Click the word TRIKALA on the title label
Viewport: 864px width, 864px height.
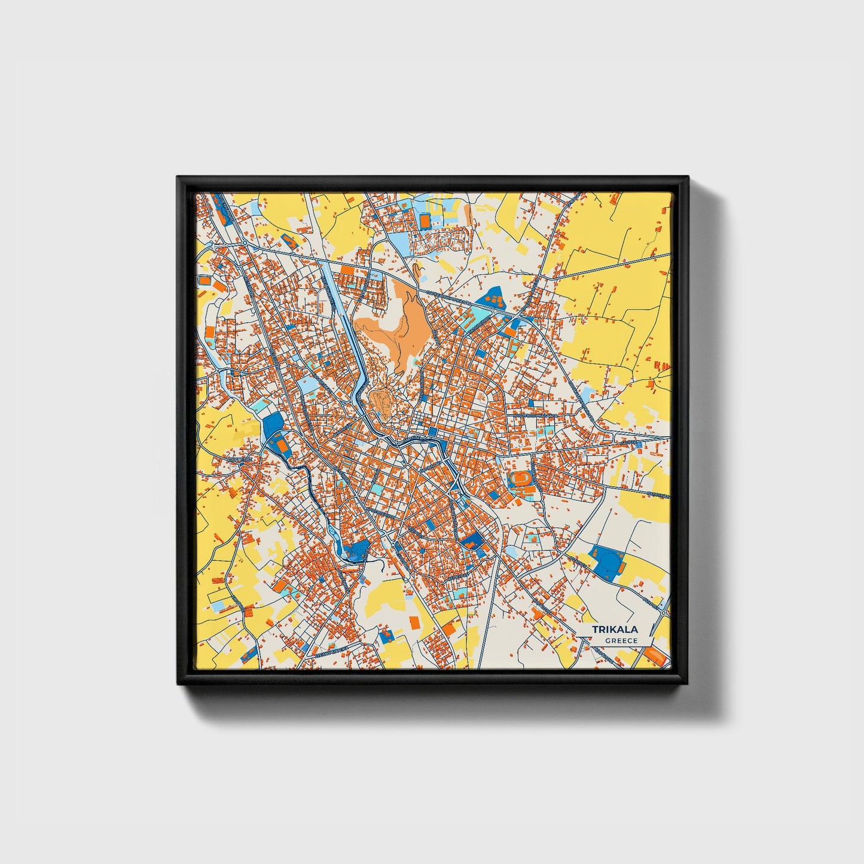(x=615, y=630)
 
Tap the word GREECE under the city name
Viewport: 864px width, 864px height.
(x=621, y=641)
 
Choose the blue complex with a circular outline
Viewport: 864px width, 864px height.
(x=610, y=563)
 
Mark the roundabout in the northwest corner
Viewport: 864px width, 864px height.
(x=245, y=242)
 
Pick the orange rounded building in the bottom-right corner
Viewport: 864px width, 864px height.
(x=658, y=658)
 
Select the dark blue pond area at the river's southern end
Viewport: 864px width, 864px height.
(x=356, y=550)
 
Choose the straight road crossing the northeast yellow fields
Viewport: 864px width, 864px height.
(x=616, y=266)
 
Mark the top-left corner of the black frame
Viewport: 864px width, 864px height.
(x=178, y=178)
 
